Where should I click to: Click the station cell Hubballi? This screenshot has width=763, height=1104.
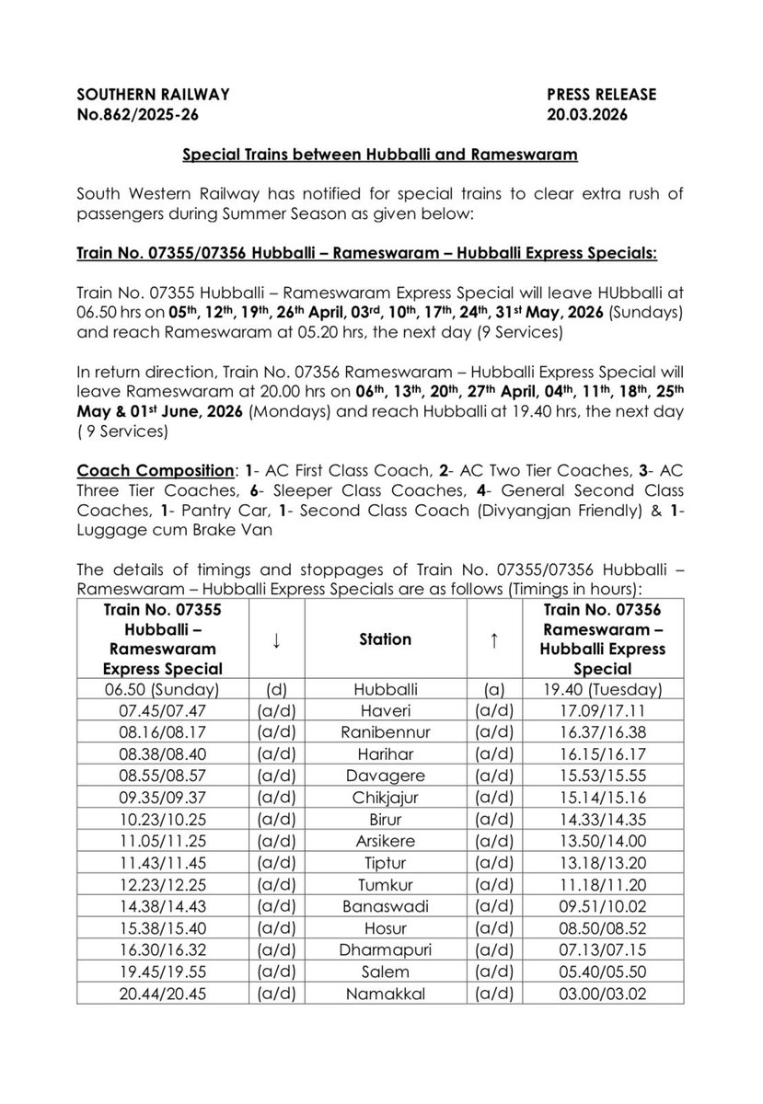(x=385, y=687)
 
